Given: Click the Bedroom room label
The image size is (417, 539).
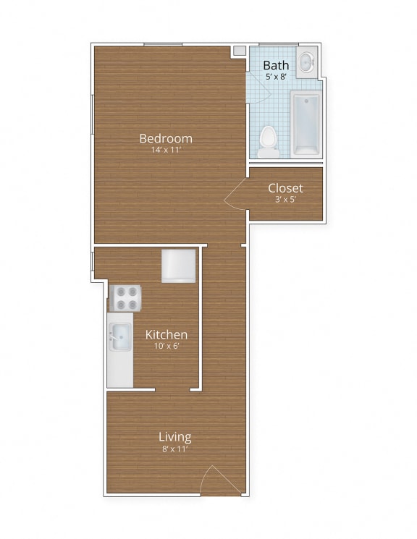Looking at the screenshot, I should coord(166,138).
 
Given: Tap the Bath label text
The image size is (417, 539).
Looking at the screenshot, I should coord(276,65).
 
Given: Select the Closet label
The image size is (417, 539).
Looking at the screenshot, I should coord(285,188).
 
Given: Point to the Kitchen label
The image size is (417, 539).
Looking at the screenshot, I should coord(167,334).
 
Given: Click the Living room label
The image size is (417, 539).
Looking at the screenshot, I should coord(175,436).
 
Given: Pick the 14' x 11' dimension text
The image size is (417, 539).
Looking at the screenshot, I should coord(166,150).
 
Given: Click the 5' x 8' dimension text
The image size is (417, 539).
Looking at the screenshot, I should coord(276,76).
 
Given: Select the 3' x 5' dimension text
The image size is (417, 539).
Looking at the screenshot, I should coord(285,199).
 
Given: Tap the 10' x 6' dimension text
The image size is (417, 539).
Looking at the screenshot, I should coord(167,346).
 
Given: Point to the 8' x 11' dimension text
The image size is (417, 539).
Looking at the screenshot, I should coord(175,449).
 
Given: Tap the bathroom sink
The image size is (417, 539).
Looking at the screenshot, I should coord(307,62).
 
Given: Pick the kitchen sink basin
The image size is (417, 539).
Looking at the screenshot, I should coord(120,336).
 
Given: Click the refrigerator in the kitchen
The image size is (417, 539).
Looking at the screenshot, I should coord(178,266).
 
